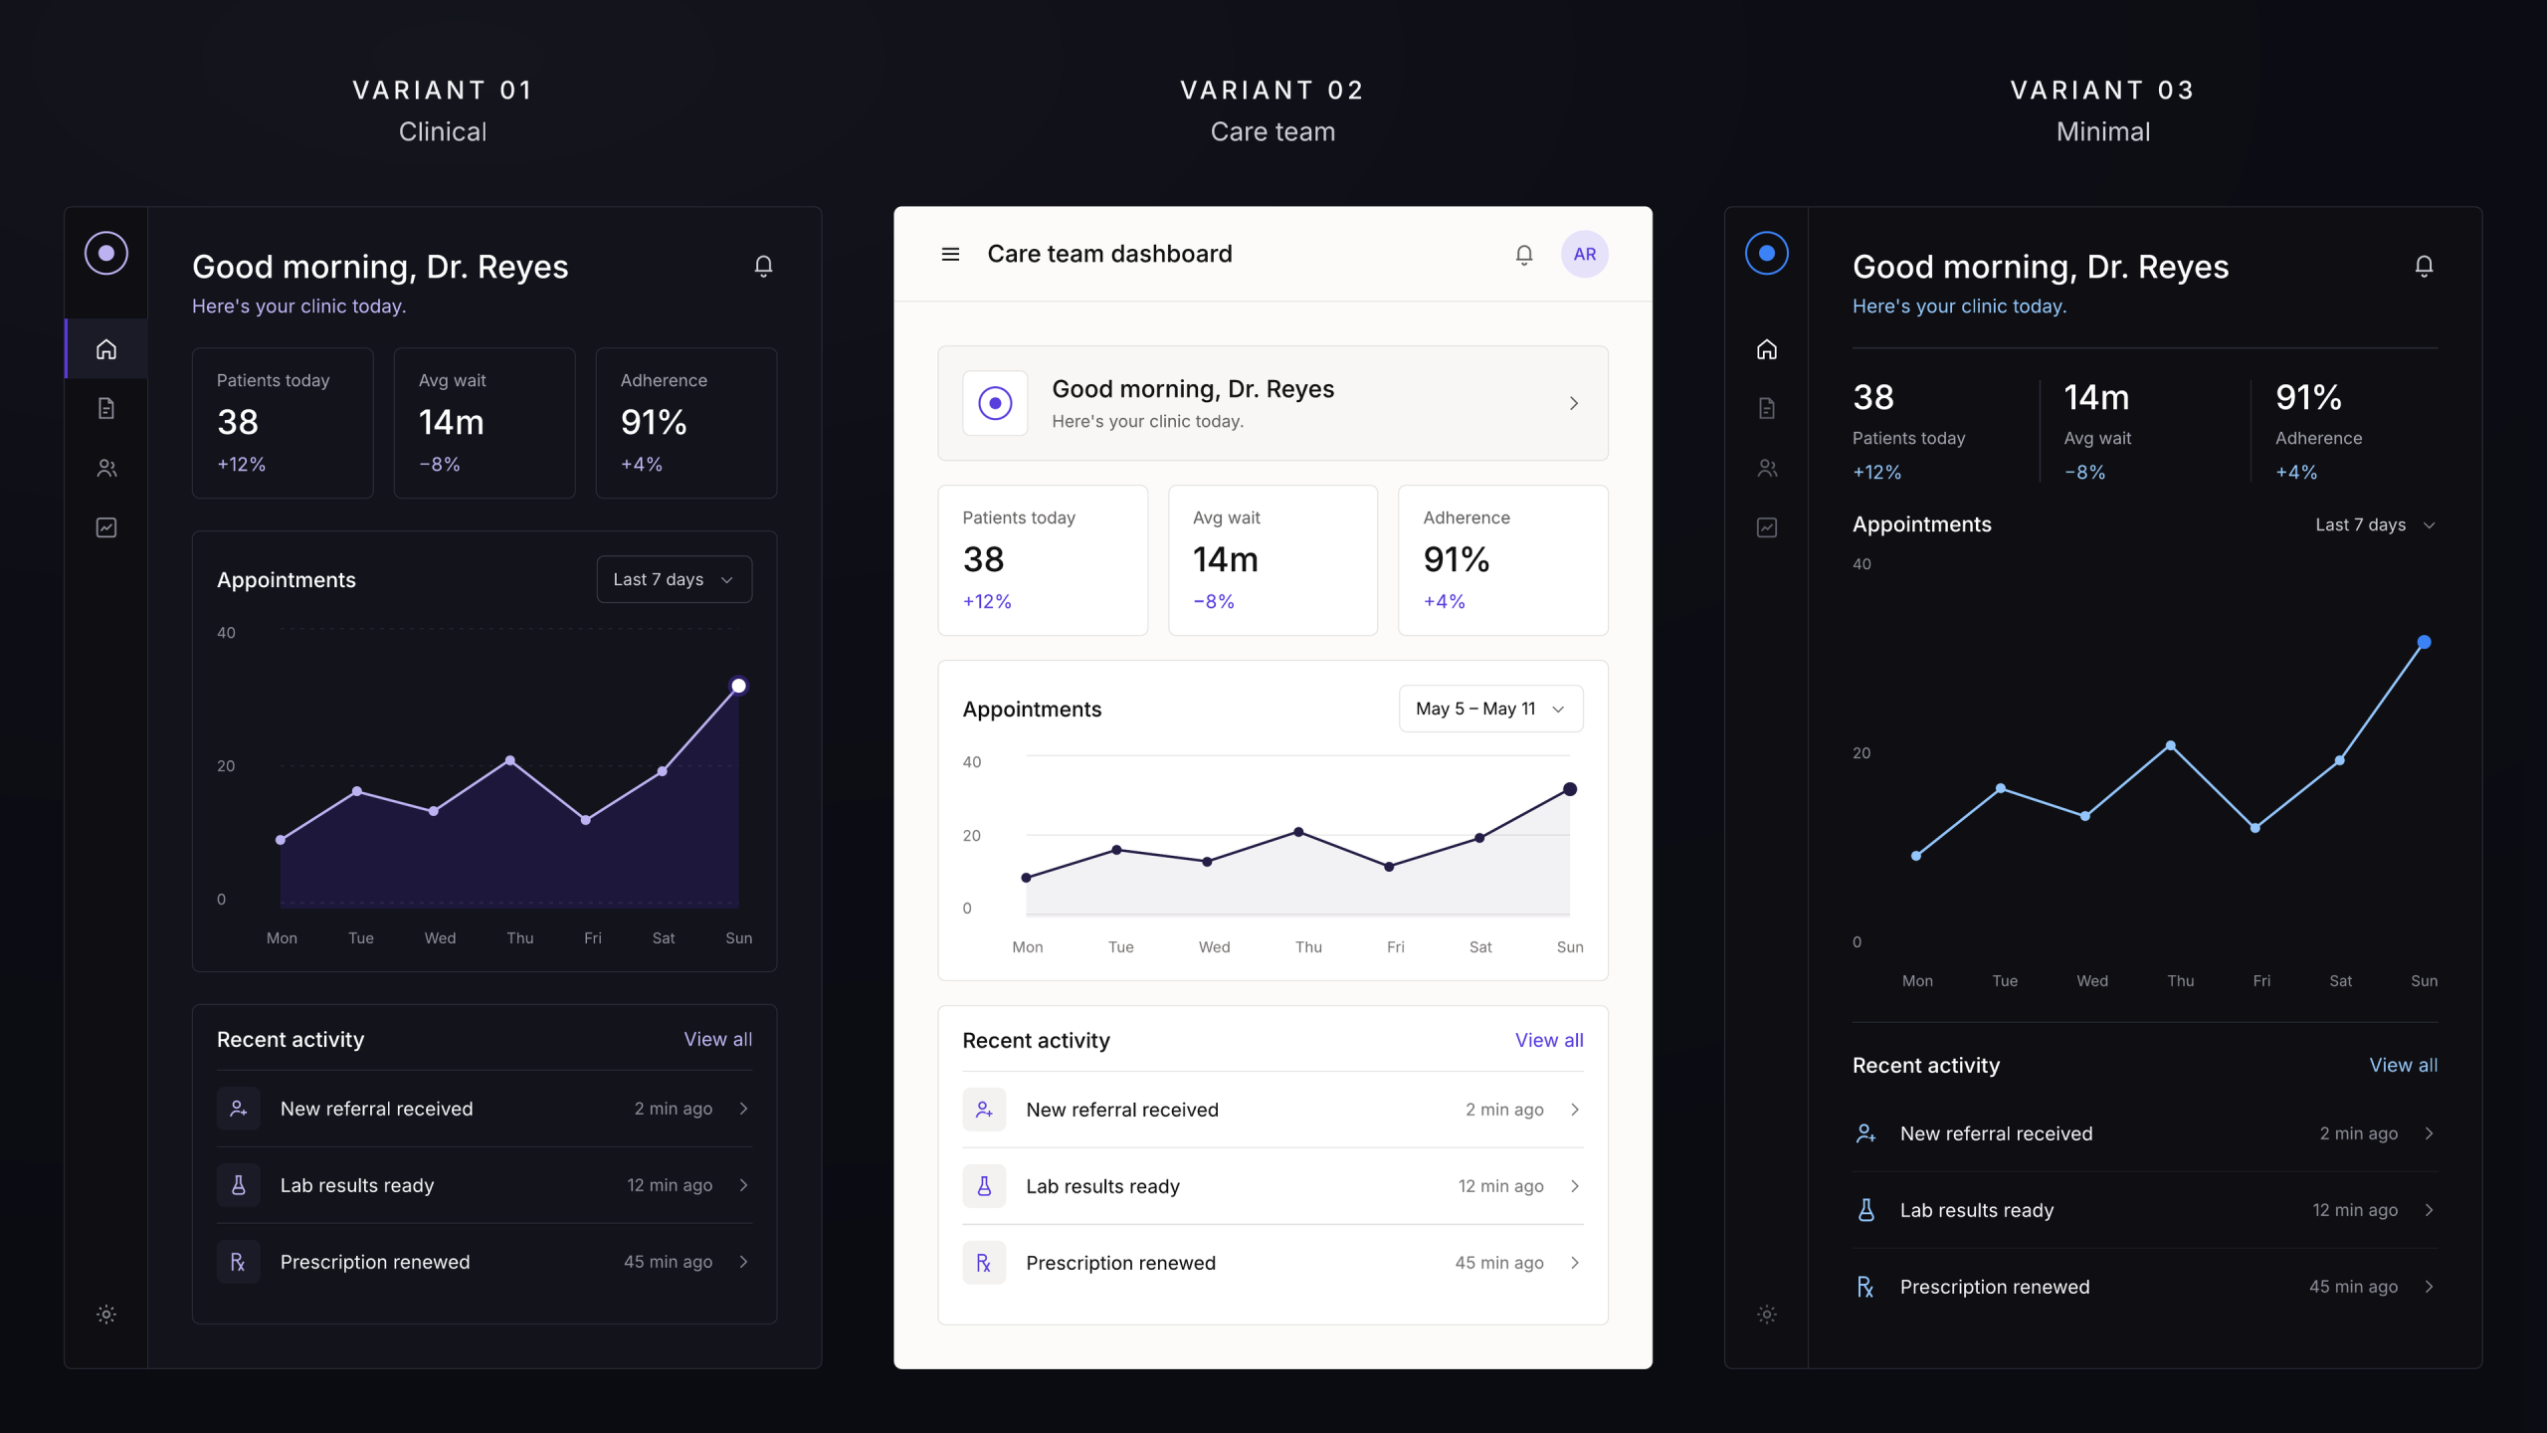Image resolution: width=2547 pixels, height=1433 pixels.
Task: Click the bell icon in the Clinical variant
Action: (x=763, y=266)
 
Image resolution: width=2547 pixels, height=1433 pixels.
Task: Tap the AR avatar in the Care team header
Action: (x=1584, y=254)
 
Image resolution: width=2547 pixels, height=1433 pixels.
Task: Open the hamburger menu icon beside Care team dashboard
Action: (x=950, y=254)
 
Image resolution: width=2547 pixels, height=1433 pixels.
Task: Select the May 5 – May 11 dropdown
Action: (x=1490, y=709)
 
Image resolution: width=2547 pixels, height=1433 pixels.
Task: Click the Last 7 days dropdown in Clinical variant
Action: (x=674, y=579)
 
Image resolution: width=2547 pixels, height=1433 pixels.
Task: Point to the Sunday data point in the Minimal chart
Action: (x=2424, y=642)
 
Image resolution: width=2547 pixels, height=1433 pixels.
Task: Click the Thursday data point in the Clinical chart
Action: (x=509, y=760)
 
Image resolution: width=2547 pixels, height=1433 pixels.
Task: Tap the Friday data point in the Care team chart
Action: (x=1389, y=867)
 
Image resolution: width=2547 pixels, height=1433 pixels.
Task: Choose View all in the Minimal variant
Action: (x=2403, y=1065)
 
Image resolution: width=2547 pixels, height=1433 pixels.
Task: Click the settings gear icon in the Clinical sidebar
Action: (x=106, y=1315)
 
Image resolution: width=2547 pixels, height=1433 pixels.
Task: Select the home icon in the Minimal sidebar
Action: (x=1766, y=349)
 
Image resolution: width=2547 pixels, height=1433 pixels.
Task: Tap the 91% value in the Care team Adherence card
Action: (x=1456, y=559)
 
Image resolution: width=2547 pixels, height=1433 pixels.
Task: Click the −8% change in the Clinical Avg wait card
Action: (x=439, y=464)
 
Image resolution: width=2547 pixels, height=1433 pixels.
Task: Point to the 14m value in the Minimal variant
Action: (x=2095, y=398)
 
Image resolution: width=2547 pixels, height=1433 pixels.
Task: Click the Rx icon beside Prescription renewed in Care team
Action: (x=984, y=1263)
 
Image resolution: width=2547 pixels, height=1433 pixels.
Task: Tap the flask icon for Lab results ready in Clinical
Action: (x=239, y=1185)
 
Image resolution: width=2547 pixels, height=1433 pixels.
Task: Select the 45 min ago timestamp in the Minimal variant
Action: (x=2353, y=1287)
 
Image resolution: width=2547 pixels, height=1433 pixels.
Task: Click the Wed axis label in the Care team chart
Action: (x=1214, y=947)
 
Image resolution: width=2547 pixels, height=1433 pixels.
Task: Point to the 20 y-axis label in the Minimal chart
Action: (x=1861, y=753)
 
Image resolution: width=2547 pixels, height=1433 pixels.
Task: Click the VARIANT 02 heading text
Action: (x=1273, y=91)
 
